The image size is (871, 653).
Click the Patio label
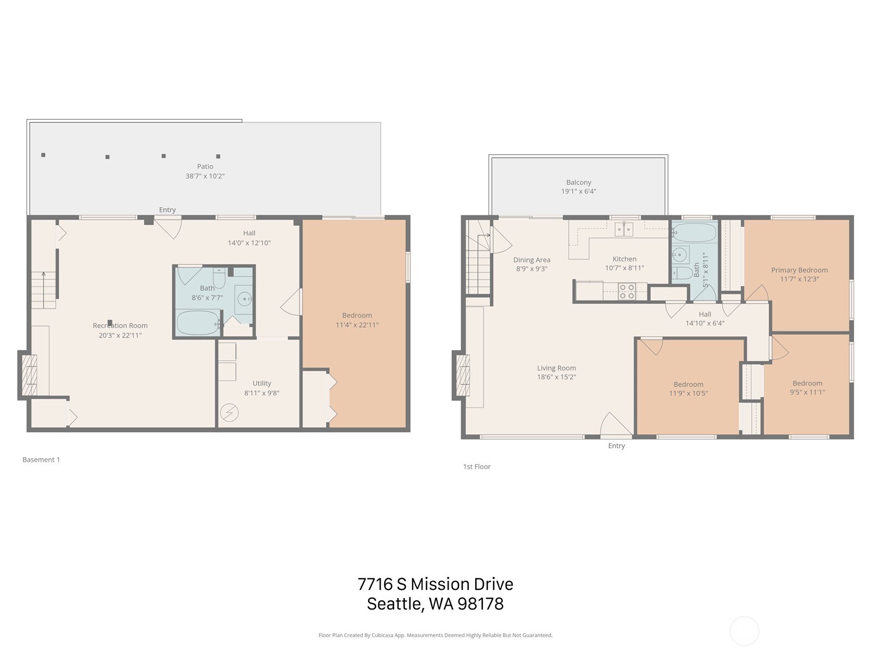tap(205, 167)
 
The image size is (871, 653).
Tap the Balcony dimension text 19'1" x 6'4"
tap(578, 192)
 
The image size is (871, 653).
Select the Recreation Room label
tap(120, 325)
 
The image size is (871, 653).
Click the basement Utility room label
tap(261, 383)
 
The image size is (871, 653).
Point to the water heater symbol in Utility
tap(229, 413)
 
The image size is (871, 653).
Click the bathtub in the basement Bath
tap(197, 322)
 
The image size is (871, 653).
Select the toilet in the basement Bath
tap(219, 279)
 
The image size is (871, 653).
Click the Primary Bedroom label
tap(799, 270)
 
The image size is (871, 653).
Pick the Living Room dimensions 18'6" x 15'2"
tap(556, 377)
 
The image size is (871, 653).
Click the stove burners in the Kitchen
tap(627, 292)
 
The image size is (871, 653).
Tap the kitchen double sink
tap(624, 229)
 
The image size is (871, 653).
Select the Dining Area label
tap(531, 260)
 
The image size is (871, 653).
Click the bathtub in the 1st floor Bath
tap(694, 233)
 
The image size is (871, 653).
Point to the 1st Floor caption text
tap(476, 466)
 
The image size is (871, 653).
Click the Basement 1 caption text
tap(41, 459)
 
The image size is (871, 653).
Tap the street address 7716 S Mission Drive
tap(435, 584)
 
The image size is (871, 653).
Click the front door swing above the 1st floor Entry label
tap(614, 424)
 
